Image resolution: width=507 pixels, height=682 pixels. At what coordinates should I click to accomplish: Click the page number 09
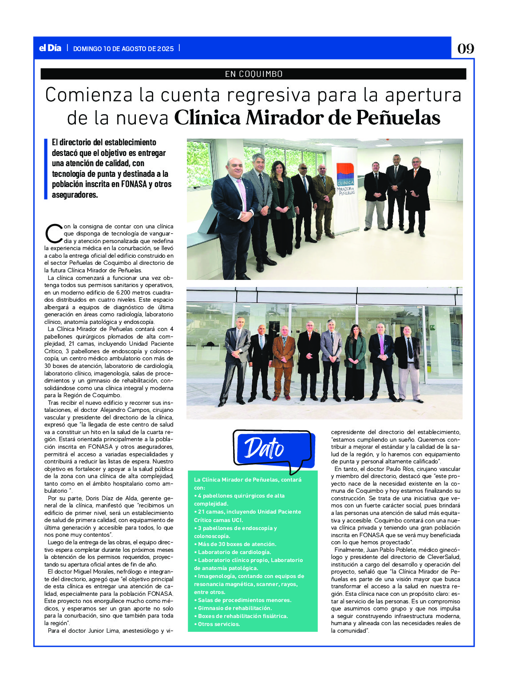(465, 48)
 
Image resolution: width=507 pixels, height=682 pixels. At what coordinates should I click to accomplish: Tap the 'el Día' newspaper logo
(50, 48)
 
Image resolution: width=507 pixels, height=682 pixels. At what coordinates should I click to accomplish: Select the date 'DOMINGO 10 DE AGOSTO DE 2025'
(123, 49)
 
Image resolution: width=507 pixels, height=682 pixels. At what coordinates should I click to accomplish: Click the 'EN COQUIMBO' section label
(253, 74)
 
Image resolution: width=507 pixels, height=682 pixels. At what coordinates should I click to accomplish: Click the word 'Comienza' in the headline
(89, 95)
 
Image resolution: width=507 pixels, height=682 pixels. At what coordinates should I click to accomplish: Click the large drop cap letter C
(53, 234)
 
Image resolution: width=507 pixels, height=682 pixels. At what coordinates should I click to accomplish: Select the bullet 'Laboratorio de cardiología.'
(234, 552)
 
